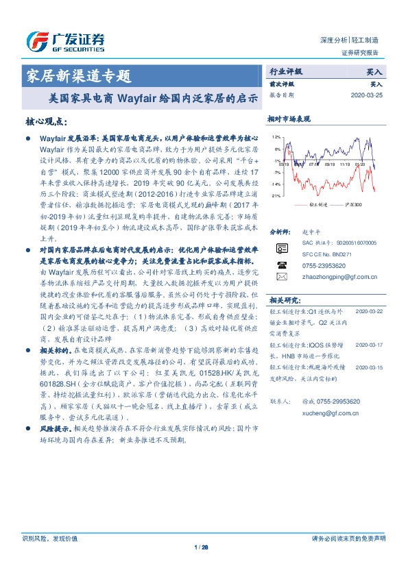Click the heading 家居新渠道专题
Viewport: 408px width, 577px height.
pyautogui.click(x=77, y=75)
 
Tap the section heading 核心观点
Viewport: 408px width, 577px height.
pyautogui.click(x=45, y=121)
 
